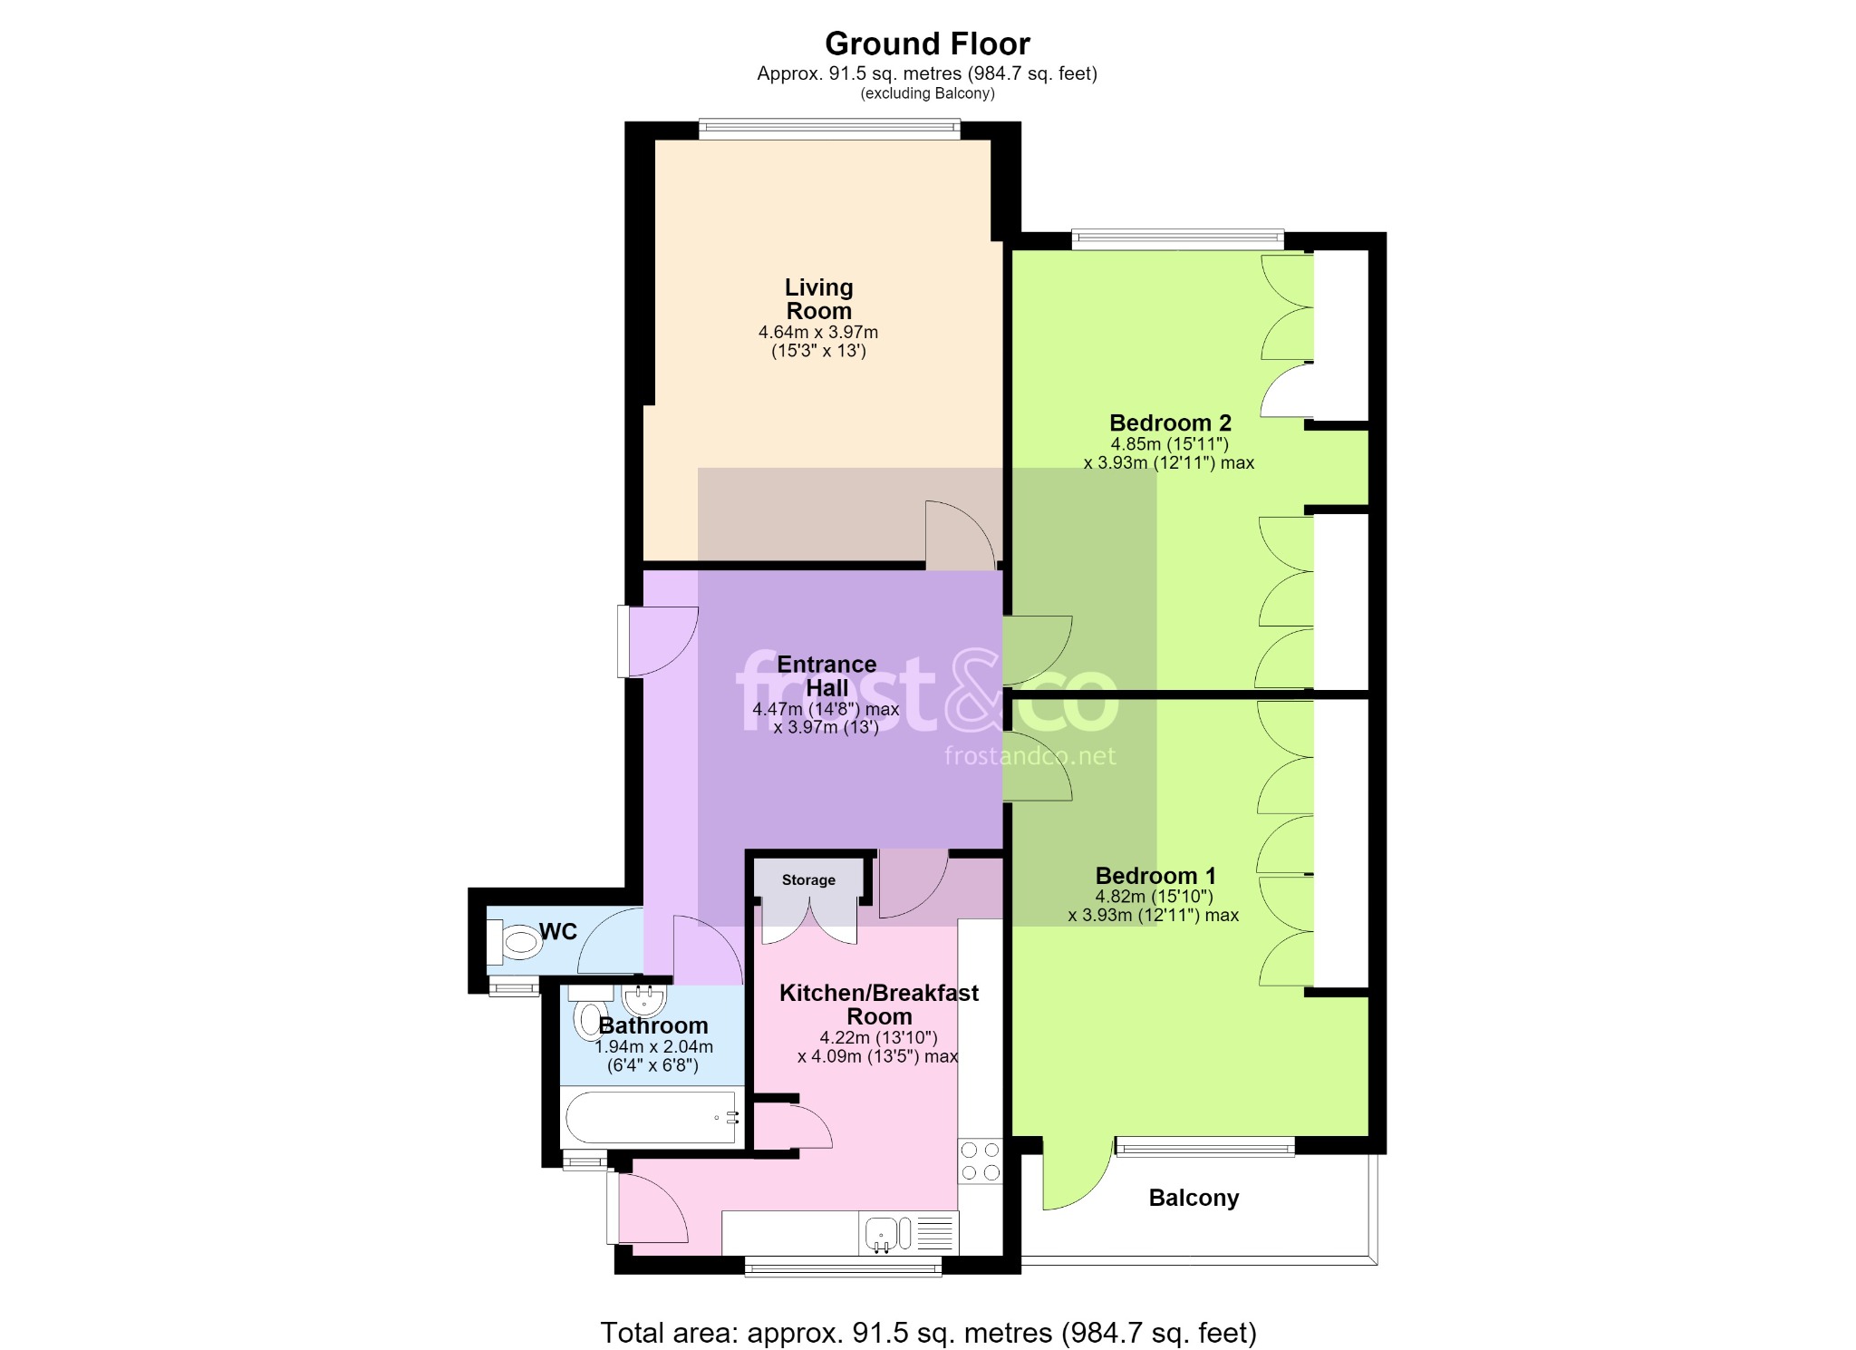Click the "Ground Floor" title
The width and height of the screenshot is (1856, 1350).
coord(927,44)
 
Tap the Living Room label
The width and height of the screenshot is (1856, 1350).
coord(818,299)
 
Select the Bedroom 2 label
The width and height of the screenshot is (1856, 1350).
coord(1170,422)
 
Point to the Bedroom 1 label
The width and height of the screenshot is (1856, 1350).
coord(1155,876)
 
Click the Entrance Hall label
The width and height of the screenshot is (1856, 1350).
coord(826,676)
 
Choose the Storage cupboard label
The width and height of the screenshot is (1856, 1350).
coord(808,880)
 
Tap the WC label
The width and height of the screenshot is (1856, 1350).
coord(558,932)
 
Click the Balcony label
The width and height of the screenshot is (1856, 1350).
coord(1194,1198)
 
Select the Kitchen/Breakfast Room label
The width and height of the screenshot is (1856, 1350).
coord(879,1005)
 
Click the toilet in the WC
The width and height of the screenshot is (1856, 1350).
coord(514,943)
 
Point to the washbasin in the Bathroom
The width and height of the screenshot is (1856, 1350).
coord(644,1000)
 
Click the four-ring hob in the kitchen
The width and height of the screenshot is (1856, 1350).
coord(981,1161)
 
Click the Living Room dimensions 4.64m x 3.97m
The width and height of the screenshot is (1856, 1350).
coord(818,333)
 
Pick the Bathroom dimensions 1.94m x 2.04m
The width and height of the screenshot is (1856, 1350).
coord(653,1047)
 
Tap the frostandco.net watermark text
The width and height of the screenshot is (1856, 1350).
coord(1030,756)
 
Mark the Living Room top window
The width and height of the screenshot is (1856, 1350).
coord(829,130)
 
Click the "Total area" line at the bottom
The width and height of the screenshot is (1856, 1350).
coord(928,1333)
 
